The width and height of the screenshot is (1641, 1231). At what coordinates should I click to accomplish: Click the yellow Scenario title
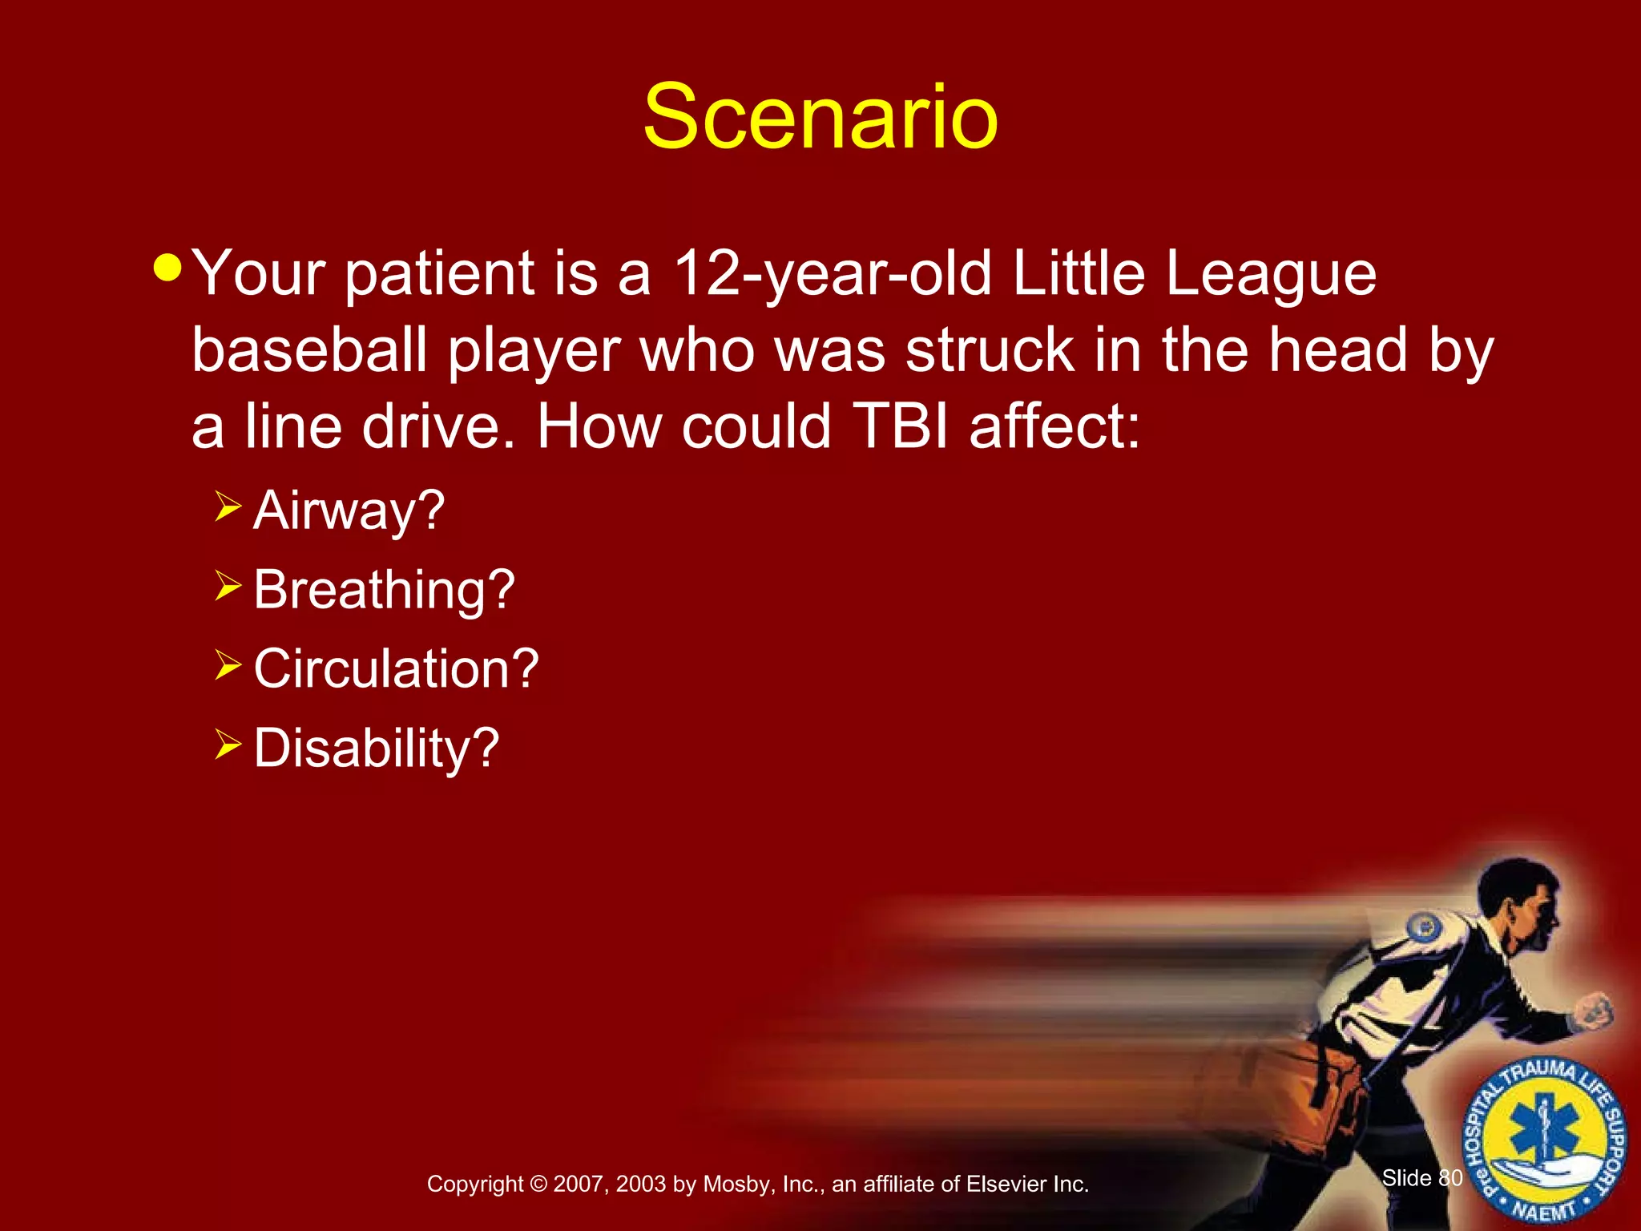[x=820, y=118]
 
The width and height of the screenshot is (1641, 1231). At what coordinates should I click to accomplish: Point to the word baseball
[x=309, y=351]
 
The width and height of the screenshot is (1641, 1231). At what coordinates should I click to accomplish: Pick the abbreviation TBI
[x=901, y=426]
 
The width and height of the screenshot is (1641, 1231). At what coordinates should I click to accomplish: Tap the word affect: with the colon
[x=1054, y=426]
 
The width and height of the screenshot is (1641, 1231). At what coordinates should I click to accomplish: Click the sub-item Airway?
[x=349, y=511]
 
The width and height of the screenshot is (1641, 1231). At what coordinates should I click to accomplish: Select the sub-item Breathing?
[x=384, y=590]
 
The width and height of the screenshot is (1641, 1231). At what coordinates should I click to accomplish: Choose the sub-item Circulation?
[x=396, y=668]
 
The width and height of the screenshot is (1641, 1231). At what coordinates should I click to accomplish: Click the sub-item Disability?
[x=376, y=748]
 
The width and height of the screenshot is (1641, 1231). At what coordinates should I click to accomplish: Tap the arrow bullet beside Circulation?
[x=228, y=665]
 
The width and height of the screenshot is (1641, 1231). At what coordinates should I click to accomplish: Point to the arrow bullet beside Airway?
[x=228, y=507]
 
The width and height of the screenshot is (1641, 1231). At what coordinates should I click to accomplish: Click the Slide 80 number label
[x=1421, y=1178]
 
